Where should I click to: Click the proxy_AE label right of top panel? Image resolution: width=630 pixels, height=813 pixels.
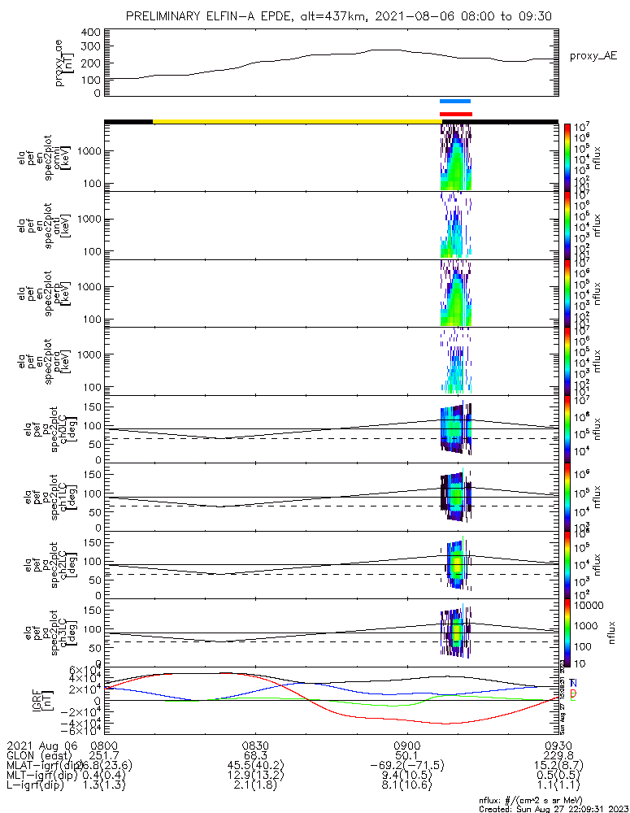(593, 56)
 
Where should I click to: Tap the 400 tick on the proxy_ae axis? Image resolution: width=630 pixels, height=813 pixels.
(91, 32)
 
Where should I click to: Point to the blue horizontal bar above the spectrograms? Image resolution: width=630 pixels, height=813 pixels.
(455, 101)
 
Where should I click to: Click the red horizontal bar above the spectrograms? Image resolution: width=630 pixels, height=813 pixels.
(455, 114)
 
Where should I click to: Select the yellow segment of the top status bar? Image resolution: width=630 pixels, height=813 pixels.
(297, 122)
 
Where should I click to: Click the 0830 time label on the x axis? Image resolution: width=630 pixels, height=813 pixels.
(255, 745)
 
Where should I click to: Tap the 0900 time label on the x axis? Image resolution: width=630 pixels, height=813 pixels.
(406, 745)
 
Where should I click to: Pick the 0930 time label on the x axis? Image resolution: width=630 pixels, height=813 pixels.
(558, 745)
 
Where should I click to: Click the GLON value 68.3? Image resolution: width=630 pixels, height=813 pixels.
(255, 756)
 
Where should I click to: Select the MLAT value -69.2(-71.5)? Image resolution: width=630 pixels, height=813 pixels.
(406, 767)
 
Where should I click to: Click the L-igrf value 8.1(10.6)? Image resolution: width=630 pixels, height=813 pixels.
(406, 790)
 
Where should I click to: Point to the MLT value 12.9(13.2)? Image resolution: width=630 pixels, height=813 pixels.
(255, 779)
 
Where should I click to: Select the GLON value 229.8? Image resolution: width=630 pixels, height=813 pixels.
(558, 756)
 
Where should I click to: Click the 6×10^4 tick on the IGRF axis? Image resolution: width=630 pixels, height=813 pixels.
(85, 671)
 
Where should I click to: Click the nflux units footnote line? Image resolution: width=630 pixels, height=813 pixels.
(553, 801)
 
